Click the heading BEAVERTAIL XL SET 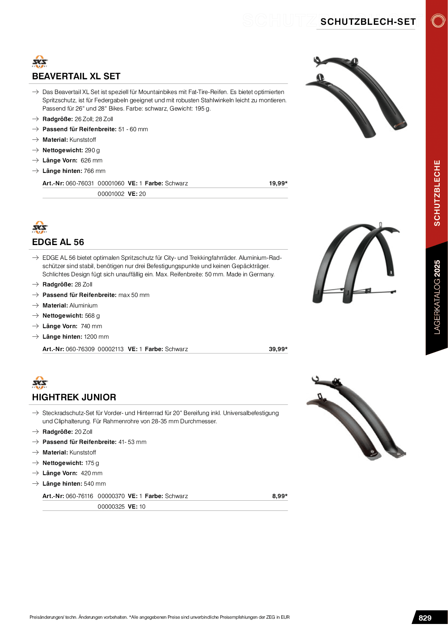(76, 76)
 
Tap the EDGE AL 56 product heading (58, 242)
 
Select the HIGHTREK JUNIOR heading (74, 397)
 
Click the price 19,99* (278, 183)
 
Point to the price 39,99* (278, 349)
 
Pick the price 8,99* (279, 496)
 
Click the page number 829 (425, 618)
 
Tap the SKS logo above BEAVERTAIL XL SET (40, 62)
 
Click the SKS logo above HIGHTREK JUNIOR (40, 382)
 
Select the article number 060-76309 (80, 349)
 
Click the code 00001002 (111, 194)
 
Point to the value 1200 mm (96, 337)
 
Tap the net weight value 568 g (92, 316)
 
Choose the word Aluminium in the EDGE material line (84, 306)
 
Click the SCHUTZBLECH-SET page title (368, 22)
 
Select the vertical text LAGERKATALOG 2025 (437, 297)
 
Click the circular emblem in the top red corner (438, 21)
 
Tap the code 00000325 (111, 507)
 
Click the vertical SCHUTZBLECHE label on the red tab (437, 193)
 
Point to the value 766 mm (94, 171)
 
